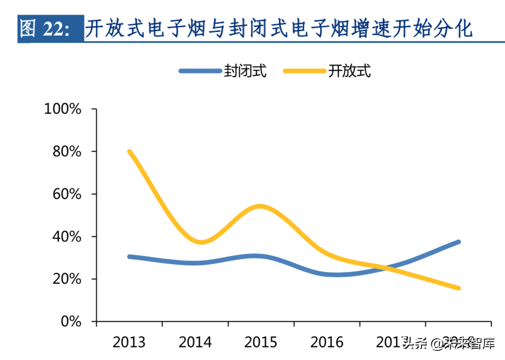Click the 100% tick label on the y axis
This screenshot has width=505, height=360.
tap(63, 109)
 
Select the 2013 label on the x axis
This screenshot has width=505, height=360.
tap(129, 342)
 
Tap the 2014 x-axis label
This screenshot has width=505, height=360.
tap(195, 342)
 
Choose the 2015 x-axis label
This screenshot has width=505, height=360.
tap(261, 342)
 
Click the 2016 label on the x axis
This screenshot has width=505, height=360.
tap(327, 342)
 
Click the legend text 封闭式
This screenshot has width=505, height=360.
tap(245, 71)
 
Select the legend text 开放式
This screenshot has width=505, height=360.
tap(349, 71)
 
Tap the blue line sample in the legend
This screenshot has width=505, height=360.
tap(200, 71)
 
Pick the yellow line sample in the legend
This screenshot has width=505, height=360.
tap(304, 71)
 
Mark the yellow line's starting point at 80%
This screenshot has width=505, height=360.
tap(130, 152)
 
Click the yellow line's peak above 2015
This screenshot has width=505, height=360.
tap(259, 206)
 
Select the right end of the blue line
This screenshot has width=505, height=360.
tap(458, 242)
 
